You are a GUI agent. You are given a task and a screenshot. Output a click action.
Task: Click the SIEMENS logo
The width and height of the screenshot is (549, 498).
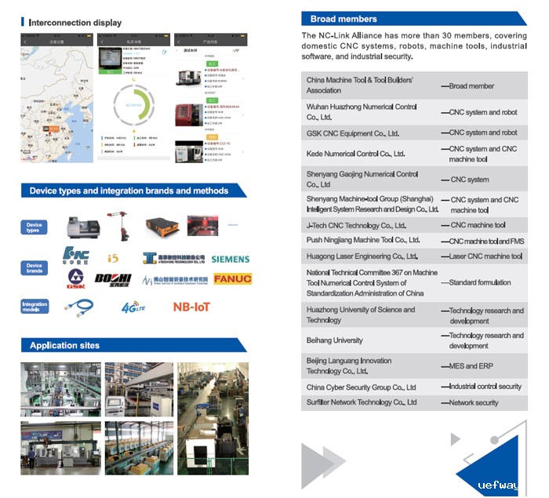pyautogui.click(x=230, y=259)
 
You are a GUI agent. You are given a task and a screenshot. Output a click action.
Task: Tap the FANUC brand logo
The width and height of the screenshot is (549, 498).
pyautogui.click(x=233, y=278)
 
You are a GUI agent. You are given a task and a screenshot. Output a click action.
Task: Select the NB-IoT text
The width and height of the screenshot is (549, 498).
pyautogui.click(x=192, y=307)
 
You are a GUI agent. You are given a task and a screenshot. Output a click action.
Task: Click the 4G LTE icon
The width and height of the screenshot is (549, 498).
pyautogui.click(x=134, y=307)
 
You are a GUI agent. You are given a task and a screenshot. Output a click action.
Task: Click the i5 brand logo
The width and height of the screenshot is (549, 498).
pyautogui.click(x=113, y=258)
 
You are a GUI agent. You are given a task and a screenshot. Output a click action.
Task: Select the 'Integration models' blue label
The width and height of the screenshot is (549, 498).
pyautogui.click(x=35, y=306)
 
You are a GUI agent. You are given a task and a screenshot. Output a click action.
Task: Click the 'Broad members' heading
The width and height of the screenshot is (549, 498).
pyautogui.click(x=344, y=19)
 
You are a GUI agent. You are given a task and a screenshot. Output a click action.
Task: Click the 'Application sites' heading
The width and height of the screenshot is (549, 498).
pyautogui.click(x=64, y=345)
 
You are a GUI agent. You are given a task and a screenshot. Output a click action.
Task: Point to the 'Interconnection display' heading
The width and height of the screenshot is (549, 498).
pyautogui.click(x=75, y=23)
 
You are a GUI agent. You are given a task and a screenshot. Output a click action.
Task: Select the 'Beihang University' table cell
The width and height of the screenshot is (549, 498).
pyautogui.click(x=335, y=340)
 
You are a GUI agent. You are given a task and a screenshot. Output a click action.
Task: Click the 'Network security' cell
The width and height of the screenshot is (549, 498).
pyautogui.click(x=474, y=402)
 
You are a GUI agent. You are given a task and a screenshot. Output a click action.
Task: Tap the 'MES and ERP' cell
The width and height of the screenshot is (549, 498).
pyautogui.click(x=471, y=366)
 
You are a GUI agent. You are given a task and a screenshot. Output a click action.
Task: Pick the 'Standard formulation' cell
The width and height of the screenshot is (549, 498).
pyautogui.click(x=479, y=282)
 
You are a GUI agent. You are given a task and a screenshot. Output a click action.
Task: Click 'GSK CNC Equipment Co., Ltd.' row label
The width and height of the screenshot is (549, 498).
pyautogui.click(x=353, y=133)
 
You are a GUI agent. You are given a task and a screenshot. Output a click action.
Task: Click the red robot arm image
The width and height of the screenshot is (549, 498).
pyautogui.click(x=118, y=224)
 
